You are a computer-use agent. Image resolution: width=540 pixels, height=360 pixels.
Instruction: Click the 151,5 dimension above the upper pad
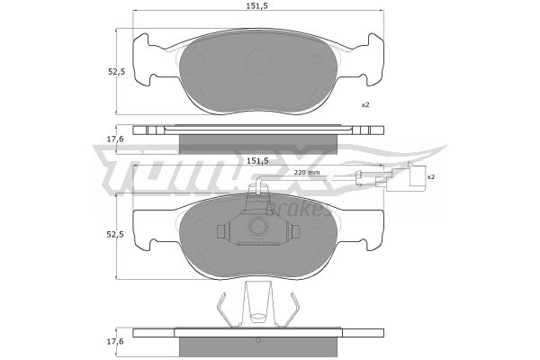point(257,5)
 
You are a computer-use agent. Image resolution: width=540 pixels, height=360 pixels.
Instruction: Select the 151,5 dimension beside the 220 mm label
point(257,160)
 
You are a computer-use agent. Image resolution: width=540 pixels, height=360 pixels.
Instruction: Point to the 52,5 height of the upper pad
point(116,72)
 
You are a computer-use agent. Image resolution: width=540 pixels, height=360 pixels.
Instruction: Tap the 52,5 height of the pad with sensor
point(116,234)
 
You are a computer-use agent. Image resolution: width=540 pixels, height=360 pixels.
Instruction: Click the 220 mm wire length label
point(307,172)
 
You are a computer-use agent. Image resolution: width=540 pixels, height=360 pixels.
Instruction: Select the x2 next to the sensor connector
point(431,176)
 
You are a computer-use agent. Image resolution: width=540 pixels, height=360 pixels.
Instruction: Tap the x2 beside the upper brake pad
point(365,104)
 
